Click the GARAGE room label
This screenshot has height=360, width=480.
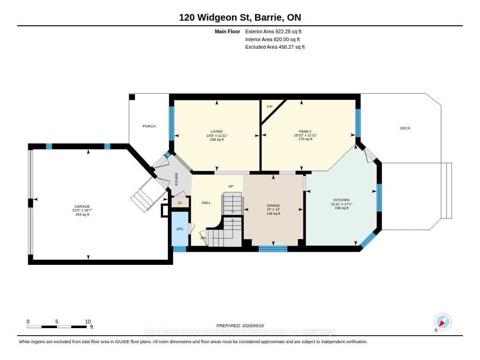[x=82, y=206]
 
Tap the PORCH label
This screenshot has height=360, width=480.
[x=149, y=126]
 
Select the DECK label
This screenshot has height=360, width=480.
[x=405, y=128]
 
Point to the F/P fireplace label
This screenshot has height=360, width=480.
[x=270, y=106]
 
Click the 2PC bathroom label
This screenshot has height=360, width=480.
[x=180, y=229]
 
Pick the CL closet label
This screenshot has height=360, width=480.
[x=180, y=202]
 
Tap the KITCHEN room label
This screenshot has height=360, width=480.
[x=341, y=200]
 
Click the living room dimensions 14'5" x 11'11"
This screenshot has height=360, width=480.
[x=217, y=135]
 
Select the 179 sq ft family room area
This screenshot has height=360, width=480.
[x=305, y=139]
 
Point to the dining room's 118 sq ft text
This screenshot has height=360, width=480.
[x=273, y=213]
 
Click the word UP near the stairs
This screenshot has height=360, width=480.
[x=231, y=186]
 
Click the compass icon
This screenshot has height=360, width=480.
[x=442, y=322]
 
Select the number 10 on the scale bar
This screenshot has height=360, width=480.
[x=88, y=322]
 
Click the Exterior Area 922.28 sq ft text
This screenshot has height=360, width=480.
[x=273, y=31]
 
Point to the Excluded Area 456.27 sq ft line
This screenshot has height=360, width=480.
[x=275, y=47]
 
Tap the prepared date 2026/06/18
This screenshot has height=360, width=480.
[x=253, y=326]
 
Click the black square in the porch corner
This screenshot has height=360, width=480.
[x=132, y=97]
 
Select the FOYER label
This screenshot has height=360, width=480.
[x=176, y=179]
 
